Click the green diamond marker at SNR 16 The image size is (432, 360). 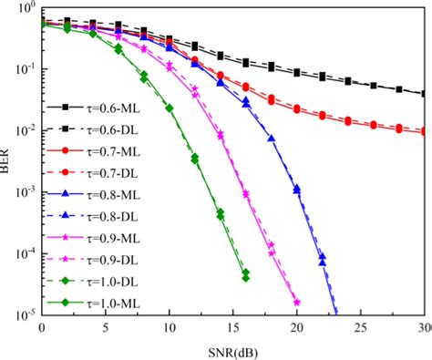tap(245, 274)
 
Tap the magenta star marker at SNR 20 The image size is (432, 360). tap(296, 302)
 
